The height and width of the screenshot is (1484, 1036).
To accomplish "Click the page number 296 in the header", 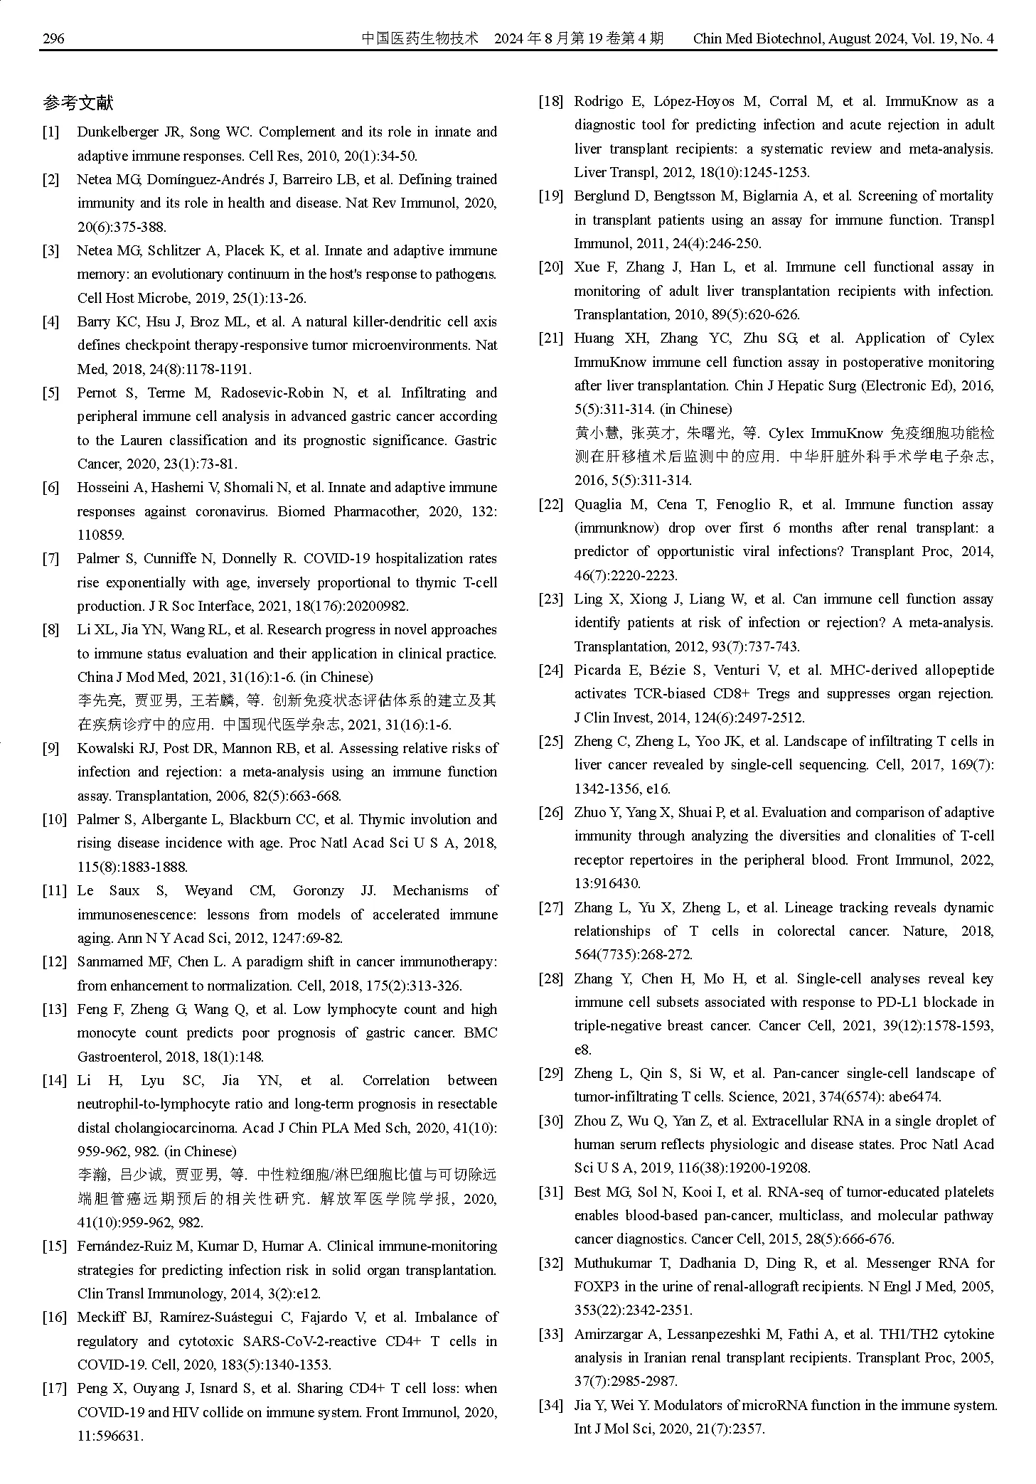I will click(x=53, y=38).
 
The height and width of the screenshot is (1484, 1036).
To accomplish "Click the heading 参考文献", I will click(x=78, y=104).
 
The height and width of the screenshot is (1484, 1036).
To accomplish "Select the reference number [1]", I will click(x=50, y=132).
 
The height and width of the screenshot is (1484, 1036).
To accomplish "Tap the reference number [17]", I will click(x=54, y=1388).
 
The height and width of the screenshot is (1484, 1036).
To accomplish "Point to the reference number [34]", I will click(x=550, y=1405).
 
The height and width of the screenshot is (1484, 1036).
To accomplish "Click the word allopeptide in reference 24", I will click(x=959, y=670).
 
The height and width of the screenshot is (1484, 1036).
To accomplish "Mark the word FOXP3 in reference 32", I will click(x=596, y=1286).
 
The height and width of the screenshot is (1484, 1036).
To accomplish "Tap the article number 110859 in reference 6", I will click(x=100, y=535).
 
